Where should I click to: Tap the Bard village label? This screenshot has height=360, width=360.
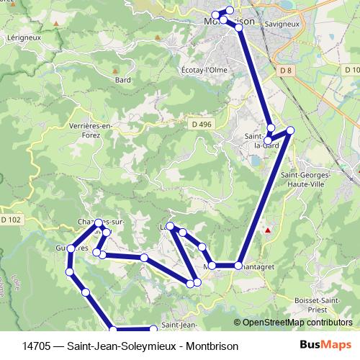click(x=123, y=80)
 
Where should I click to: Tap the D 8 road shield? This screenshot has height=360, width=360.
click(x=286, y=70)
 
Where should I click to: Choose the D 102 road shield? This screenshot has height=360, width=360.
click(x=11, y=219)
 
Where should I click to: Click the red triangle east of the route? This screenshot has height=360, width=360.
click(x=267, y=230)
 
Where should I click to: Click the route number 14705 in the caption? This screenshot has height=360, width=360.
click(x=36, y=346)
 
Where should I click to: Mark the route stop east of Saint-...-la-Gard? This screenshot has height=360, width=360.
click(x=290, y=130)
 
